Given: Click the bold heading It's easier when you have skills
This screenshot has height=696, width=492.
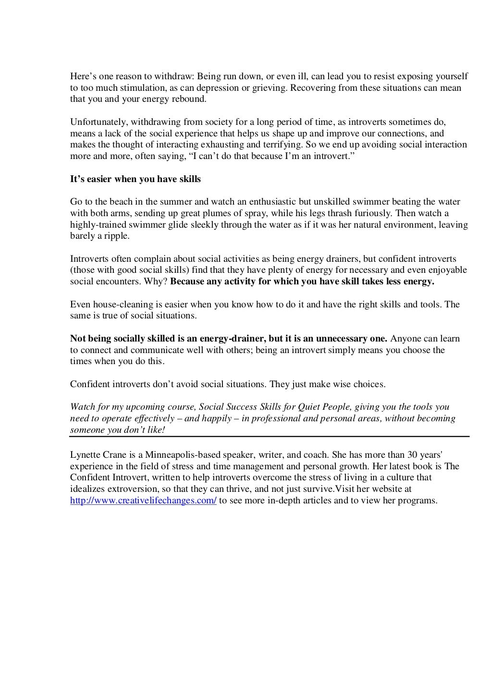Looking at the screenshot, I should (x=135, y=179).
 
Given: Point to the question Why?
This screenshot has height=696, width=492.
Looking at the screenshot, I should (x=158, y=281).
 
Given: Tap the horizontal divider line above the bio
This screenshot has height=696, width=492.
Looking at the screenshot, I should (x=269, y=437).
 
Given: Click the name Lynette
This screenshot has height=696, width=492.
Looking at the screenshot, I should (x=85, y=454).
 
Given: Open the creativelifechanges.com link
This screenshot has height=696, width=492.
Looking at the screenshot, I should (x=143, y=501).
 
